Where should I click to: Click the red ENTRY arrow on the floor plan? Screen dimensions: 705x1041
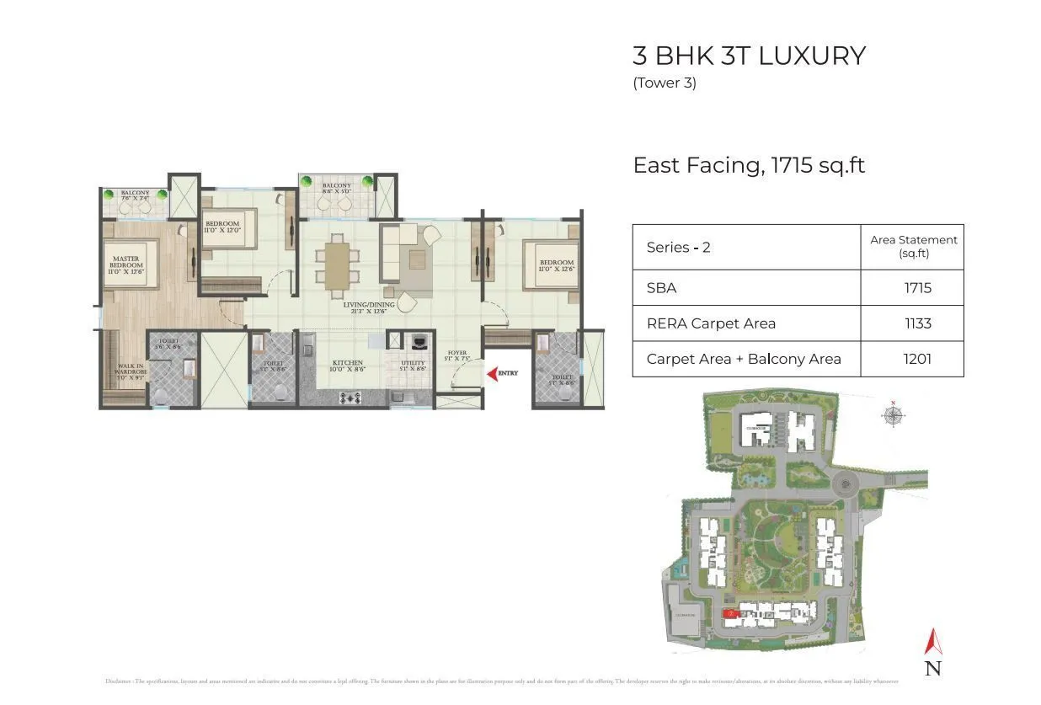coord(491,373)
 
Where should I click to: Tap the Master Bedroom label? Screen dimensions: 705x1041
coord(126,263)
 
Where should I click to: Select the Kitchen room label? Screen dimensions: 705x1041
coord(347,365)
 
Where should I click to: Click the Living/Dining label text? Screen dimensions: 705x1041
coord(369,307)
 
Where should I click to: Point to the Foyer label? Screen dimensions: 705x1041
coord(456,356)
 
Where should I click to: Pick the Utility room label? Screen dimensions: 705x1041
coord(413,365)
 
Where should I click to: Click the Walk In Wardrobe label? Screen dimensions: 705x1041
coord(131,371)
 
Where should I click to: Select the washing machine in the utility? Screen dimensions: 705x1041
coord(415,342)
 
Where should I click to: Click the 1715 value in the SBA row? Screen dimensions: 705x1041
coord(917,288)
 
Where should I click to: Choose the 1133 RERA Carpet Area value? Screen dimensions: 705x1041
coord(917,323)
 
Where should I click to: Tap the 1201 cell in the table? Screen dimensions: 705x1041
coord(917,359)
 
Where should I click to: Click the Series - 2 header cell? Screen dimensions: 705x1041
coord(679,248)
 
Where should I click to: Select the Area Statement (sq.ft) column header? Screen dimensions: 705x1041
coord(913,246)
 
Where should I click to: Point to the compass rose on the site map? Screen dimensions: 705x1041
coord(894,415)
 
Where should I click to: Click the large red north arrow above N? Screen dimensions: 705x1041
coord(932,642)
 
